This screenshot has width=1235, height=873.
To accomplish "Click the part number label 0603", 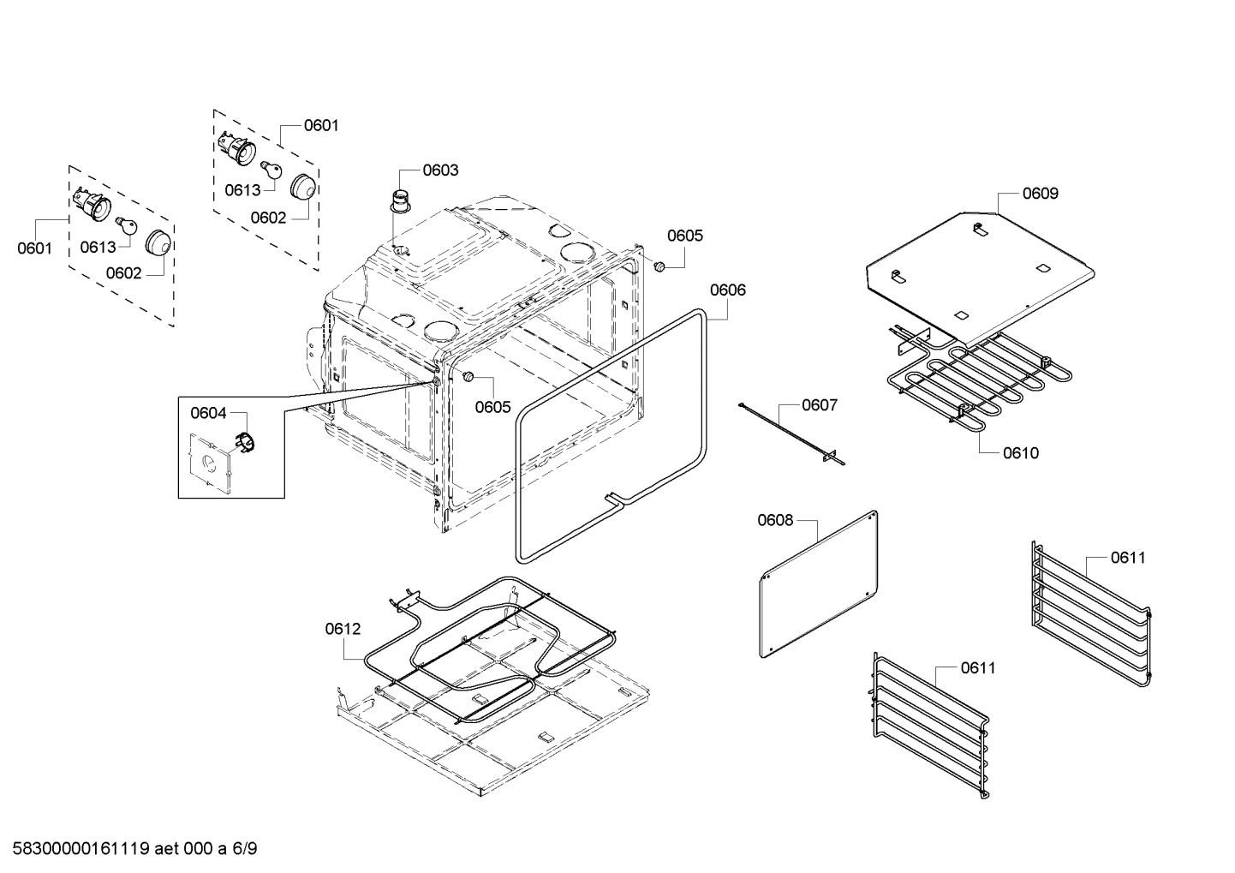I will (440, 170).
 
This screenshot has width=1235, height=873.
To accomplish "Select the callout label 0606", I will (728, 290).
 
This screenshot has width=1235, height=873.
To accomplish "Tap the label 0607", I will (819, 404).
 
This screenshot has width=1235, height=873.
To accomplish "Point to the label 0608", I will (775, 520).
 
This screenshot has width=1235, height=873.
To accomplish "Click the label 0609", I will (1040, 194).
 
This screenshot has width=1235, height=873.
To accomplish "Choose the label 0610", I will (1020, 452).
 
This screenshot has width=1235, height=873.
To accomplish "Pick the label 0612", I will (343, 629).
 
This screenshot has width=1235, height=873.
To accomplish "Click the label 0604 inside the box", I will (208, 414).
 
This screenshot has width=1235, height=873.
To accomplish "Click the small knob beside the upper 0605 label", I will (659, 268).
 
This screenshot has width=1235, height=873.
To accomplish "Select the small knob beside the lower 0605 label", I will (468, 377).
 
